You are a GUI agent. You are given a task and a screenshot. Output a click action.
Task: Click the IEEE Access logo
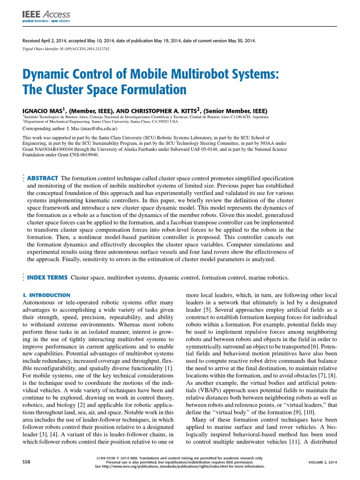(x=46, y=17)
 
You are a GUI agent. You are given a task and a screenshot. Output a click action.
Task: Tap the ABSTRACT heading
(x=42, y=179)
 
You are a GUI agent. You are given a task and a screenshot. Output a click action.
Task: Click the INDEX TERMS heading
(x=47, y=277)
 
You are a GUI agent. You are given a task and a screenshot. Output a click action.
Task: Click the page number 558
(x=27, y=462)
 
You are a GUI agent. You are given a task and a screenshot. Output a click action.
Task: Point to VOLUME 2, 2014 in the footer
(x=322, y=462)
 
